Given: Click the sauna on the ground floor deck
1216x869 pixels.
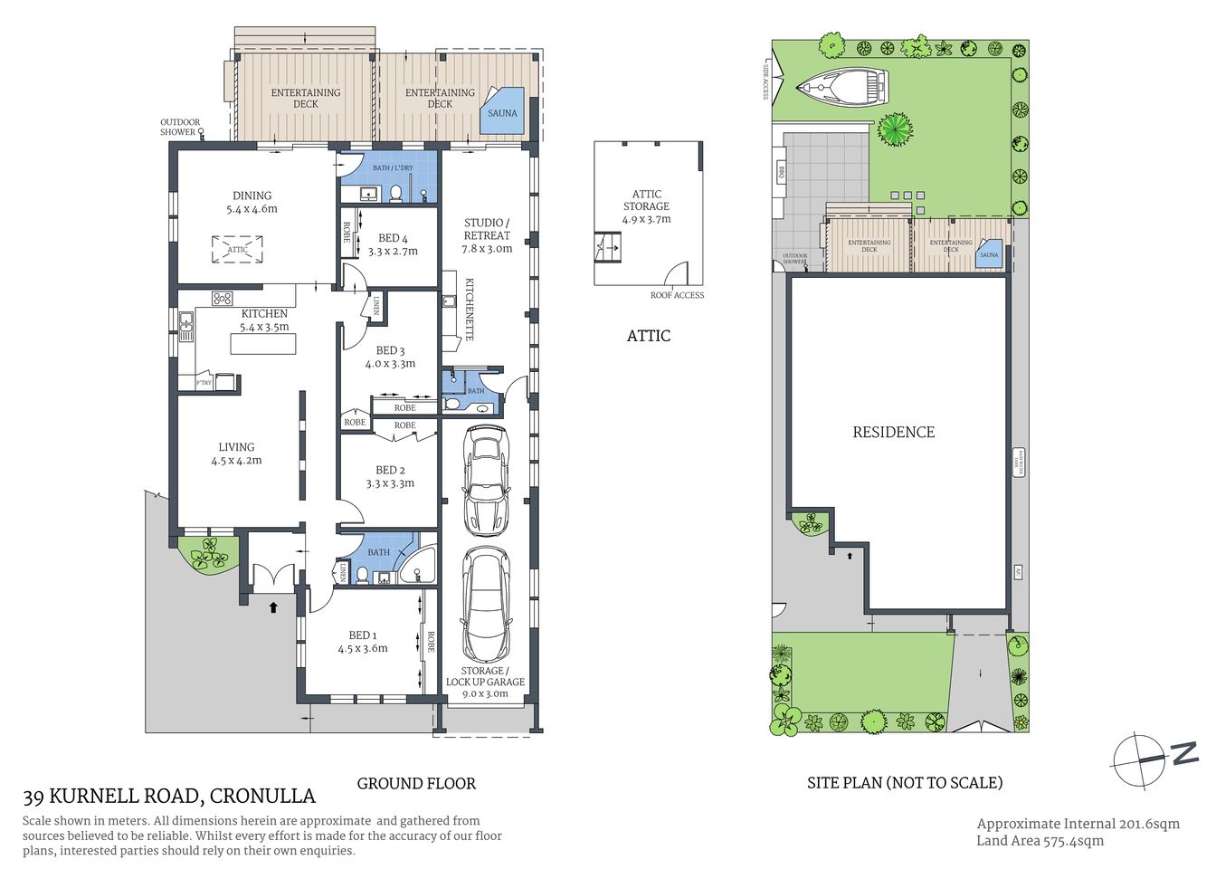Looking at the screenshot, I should point(502,111).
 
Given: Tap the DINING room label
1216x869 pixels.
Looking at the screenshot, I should point(252,196).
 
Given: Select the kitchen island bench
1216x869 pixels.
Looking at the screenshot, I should point(263,344).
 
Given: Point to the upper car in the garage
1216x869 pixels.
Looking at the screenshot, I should point(486,480).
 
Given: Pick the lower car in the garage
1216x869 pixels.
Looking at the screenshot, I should point(487,605).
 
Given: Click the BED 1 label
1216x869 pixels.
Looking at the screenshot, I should point(363,635).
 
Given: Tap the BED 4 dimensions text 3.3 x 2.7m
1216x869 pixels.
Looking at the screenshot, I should point(393,252).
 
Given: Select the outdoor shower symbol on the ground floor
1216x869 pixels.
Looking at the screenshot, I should point(201,132).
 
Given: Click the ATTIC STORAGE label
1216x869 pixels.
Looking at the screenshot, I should point(646,200).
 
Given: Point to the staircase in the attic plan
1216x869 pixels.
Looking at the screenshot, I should point(608,246).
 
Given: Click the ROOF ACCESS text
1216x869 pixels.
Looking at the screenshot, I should point(677,295).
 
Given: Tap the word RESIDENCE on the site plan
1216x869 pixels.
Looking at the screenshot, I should point(893,433).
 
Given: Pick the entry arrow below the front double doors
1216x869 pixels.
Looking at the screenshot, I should point(272,607).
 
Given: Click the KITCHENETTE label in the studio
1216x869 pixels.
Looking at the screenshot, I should point(470,309).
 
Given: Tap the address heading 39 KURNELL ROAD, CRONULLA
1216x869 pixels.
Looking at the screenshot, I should point(169,797).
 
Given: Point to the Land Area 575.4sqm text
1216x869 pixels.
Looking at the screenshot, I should point(1040,841).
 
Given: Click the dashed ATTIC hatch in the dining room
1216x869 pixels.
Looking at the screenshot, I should point(237,249).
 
